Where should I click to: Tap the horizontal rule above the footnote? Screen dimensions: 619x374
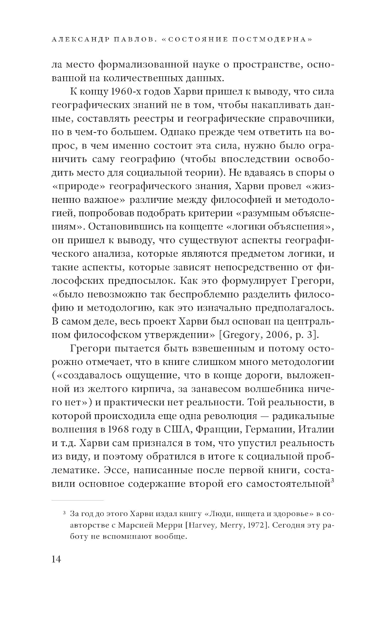(x=77, y=500)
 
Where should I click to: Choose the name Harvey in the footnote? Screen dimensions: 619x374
(x=200, y=526)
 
